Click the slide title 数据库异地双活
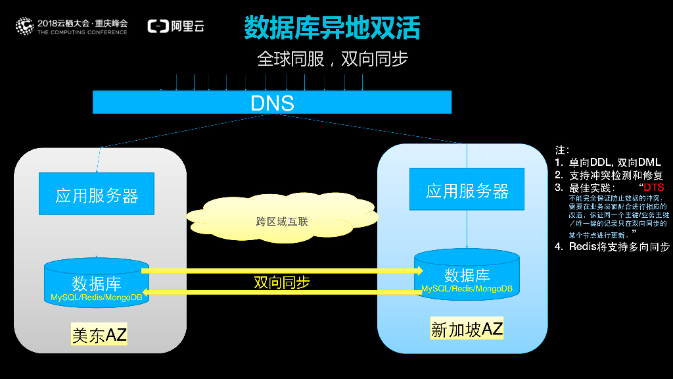(x=332, y=28)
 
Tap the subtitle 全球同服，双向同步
(x=333, y=59)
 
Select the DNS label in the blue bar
(x=272, y=103)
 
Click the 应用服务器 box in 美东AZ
(x=97, y=195)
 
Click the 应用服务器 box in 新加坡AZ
(x=467, y=191)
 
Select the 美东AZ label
(x=99, y=335)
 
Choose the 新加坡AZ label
(x=467, y=328)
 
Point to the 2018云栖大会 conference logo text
(x=82, y=22)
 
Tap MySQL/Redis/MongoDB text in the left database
(x=97, y=297)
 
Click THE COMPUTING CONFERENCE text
(x=82, y=32)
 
